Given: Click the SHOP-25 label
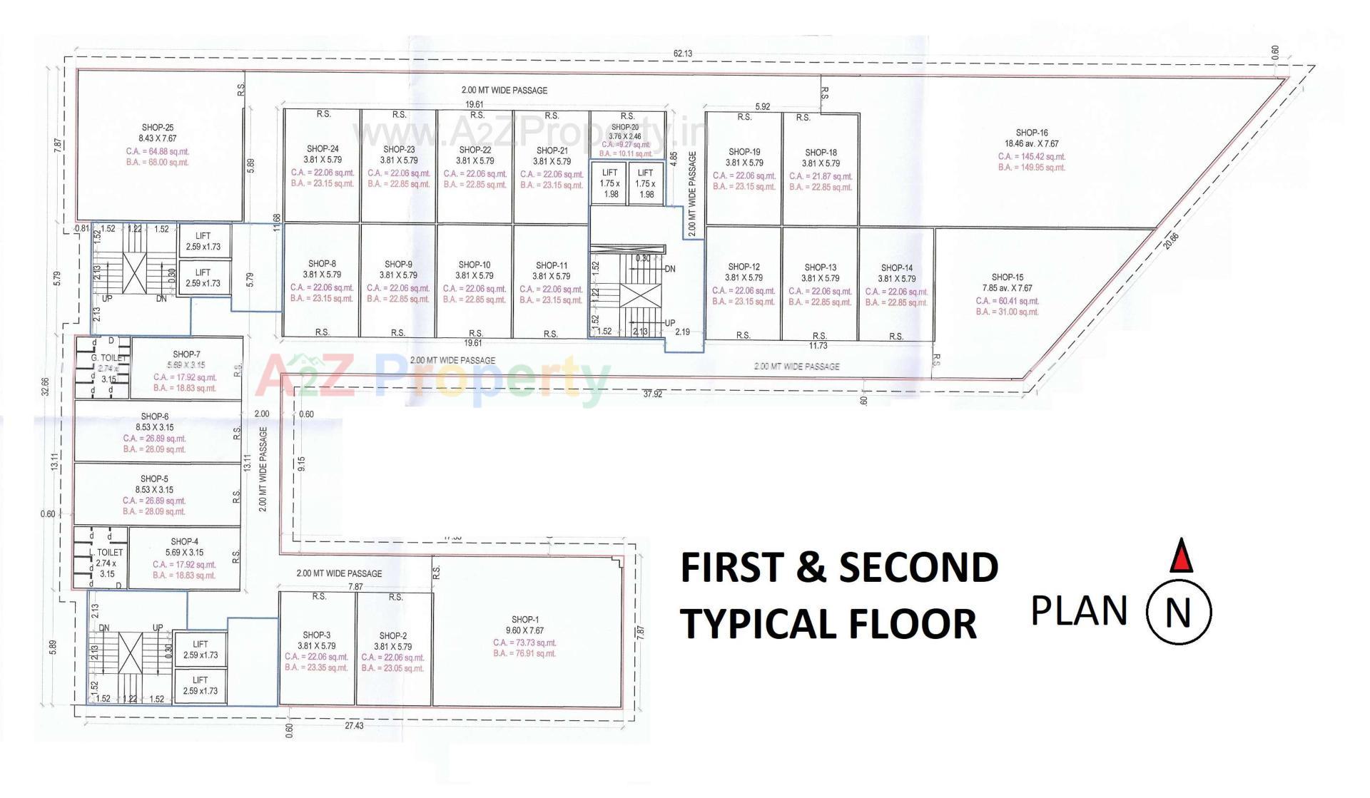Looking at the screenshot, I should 158,128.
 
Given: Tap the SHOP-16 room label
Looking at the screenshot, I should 1032,133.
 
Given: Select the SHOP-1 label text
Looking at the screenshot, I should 525,620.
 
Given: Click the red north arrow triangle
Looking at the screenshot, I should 1182,557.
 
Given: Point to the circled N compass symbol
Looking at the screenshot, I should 1178,612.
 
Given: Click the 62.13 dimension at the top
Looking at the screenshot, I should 682,53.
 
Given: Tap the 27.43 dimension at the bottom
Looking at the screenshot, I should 354,725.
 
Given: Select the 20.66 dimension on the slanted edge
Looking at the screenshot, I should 1171,241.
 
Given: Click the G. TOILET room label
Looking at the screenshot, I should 108,358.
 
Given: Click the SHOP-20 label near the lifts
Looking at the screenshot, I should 625,127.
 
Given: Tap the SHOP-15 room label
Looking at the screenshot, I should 1008,277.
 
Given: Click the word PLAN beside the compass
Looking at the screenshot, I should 1079,611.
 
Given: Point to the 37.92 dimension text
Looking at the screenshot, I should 652,394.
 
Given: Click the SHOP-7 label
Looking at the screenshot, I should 186,354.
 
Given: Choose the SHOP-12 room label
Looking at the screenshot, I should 744,267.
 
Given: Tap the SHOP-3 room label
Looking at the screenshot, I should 316,635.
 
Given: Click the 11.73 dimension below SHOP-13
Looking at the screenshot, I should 818,346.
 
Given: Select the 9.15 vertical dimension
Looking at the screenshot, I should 302,464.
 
